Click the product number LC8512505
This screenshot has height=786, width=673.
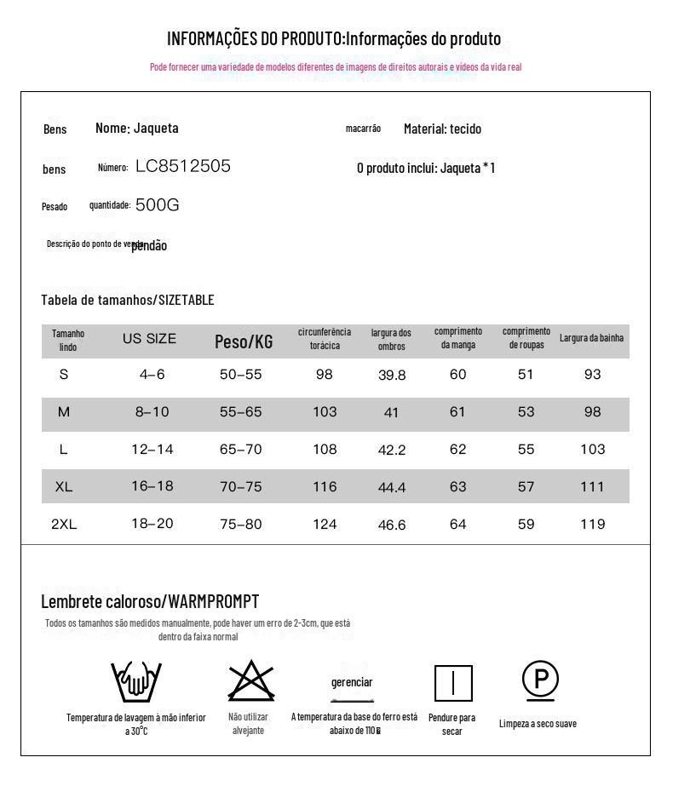182,166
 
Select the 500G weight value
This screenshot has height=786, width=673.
157,205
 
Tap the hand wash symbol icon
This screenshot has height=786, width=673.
136,680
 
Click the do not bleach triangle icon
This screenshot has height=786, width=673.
250,680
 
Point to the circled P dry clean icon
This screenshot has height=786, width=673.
540,680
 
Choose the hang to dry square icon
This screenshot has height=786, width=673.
453,683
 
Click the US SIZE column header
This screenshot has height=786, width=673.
149,339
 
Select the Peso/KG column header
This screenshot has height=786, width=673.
244,341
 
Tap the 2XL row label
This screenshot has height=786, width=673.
64,525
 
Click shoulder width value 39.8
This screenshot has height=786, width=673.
392,376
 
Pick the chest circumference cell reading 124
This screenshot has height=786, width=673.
325,524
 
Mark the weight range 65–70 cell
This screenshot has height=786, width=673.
241,450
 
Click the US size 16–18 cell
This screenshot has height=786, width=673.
152,486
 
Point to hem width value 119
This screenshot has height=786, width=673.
592,524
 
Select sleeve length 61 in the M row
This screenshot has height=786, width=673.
458,412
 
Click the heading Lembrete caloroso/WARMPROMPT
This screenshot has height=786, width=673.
150,602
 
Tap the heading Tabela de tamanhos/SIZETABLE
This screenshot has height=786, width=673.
128,300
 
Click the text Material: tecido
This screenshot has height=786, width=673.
442,129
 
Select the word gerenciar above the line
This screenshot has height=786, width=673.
352,682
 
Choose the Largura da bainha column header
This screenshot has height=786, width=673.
591,338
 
